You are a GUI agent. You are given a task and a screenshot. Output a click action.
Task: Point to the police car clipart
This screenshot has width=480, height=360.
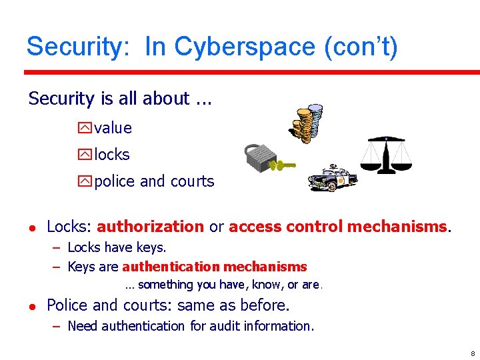(333, 179)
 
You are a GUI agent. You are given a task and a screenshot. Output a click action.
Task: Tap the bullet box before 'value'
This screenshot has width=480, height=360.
(85, 128)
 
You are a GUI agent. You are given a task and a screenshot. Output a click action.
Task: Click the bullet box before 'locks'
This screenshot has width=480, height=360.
(85, 155)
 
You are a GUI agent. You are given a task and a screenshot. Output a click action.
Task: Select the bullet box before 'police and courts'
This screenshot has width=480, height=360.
(85, 181)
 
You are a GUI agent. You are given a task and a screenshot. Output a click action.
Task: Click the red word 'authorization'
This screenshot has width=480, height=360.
(150, 227)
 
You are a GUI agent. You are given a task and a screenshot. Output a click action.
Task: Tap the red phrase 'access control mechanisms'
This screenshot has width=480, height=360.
(338, 227)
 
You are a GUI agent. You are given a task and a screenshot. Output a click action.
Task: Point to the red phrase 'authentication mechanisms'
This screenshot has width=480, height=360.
(215, 267)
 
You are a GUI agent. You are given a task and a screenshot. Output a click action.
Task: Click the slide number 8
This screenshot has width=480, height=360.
(472, 353)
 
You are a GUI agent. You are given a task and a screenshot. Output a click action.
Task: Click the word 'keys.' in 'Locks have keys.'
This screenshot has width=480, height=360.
(151, 247)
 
